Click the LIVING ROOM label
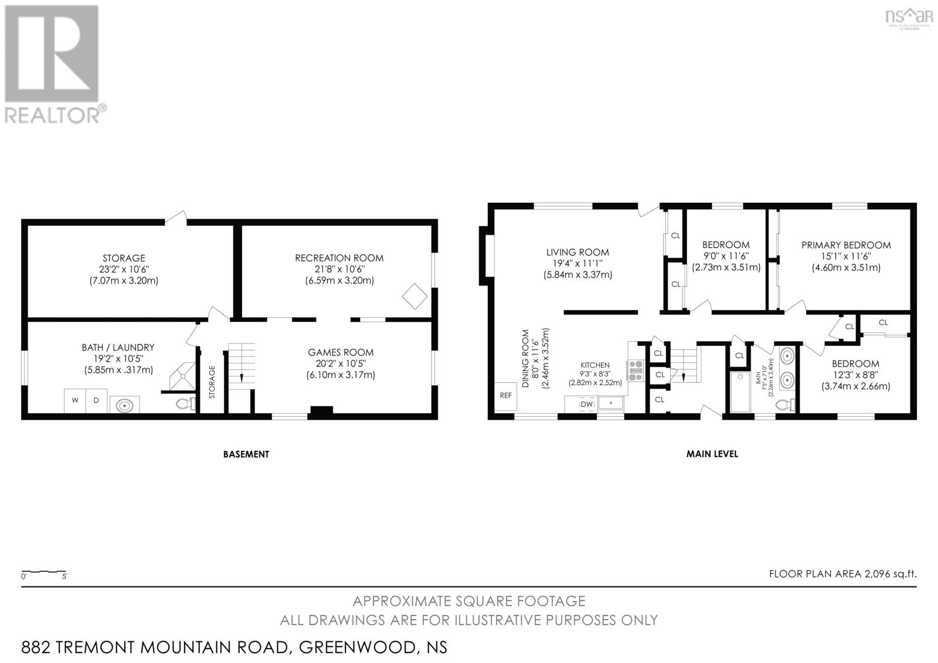[577, 252]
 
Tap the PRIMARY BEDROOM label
[845, 245]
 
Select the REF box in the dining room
[505, 396]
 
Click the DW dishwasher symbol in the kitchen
[586, 404]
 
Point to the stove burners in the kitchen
[635, 370]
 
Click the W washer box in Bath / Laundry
[75, 401]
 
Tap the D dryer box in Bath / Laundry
[96, 401]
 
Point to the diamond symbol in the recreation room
[414, 296]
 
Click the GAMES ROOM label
[341, 352]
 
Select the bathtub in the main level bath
[741, 391]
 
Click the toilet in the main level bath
[784, 404]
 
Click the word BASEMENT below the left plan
[246, 454]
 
